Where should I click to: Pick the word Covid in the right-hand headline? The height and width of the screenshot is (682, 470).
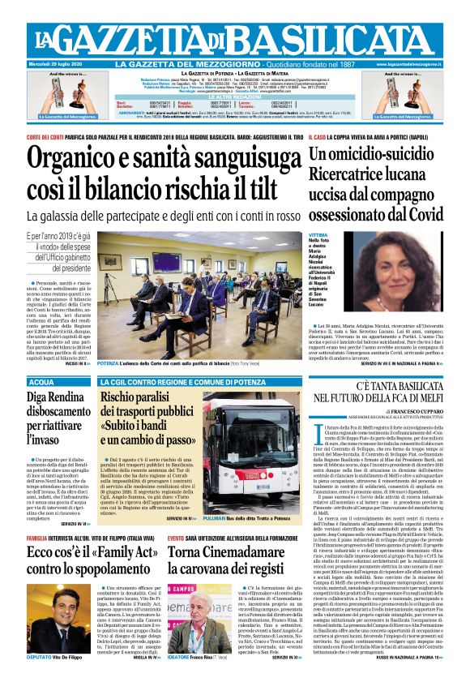tap(421, 214)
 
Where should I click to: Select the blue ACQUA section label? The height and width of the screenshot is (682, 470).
tap(42, 381)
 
